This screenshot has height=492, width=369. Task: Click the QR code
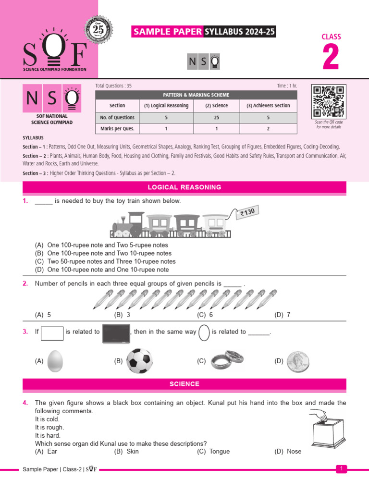[329, 101]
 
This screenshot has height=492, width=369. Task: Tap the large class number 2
[331, 58]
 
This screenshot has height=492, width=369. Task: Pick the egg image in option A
[56, 361]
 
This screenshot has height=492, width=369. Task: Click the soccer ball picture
[140, 361]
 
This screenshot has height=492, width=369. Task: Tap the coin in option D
[298, 361]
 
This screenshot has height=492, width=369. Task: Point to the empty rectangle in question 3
[52, 332]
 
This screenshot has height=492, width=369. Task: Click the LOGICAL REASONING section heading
[184, 187]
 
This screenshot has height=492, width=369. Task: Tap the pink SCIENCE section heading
[184, 384]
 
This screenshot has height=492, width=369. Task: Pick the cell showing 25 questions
[220, 117]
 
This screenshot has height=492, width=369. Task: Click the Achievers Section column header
[268, 105]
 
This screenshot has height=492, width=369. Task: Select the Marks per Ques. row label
[117, 129]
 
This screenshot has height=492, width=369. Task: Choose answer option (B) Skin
[126, 451]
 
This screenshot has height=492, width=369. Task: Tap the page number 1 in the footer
[341, 468]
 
